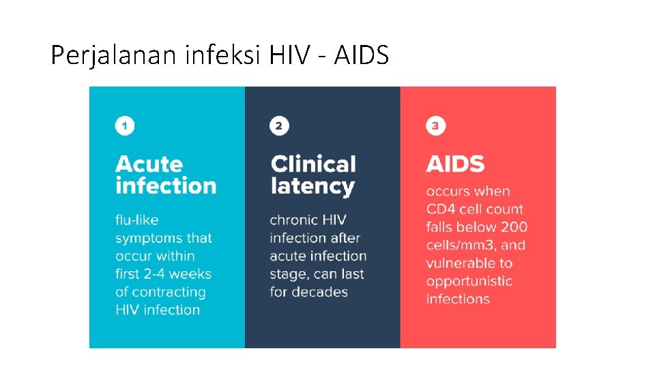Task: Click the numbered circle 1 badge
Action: click(x=125, y=126)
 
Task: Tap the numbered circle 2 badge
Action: click(x=279, y=126)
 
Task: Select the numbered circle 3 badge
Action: click(x=435, y=126)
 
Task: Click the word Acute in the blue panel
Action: click(x=149, y=164)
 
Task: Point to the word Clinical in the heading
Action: click(x=313, y=164)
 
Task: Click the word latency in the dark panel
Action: click(x=312, y=186)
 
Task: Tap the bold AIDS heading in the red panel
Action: click(x=455, y=164)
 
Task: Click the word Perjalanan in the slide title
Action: click(x=114, y=55)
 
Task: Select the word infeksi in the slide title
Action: click(x=222, y=55)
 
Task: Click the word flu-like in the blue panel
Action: click(x=136, y=220)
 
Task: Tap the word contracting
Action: click(x=169, y=292)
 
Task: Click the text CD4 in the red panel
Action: click(x=441, y=209)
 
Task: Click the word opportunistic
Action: click(x=469, y=281)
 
